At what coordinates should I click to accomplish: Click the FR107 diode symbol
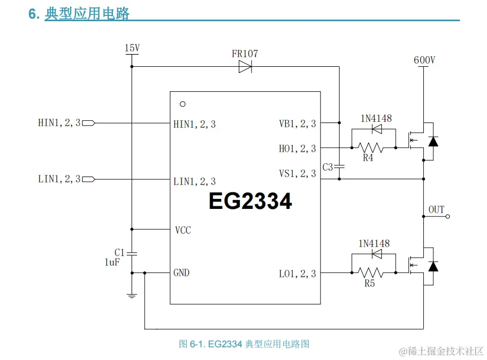click(x=245, y=67)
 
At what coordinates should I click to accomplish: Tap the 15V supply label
click(x=132, y=48)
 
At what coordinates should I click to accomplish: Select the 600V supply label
click(x=424, y=60)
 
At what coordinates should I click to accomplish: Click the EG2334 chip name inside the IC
click(x=250, y=201)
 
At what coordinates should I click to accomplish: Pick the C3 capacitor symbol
click(x=340, y=167)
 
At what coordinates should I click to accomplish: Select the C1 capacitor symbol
click(x=132, y=253)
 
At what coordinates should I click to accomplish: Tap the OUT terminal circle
click(x=448, y=216)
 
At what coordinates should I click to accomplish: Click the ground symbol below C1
click(x=132, y=295)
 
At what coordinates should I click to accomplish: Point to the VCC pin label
click(x=182, y=231)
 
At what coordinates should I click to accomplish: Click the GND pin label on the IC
click(x=181, y=273)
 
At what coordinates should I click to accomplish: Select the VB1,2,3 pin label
click(x=297, y=124)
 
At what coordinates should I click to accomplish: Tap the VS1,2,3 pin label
click(x=297, y=173)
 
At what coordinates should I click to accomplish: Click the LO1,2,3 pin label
click(x=297, y=274)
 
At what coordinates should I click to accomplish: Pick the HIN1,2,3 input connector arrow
click(x=89, y=123)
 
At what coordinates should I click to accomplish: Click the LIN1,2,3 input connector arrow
click(x=89, y=179)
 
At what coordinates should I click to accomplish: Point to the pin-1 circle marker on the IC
click(x=182, y=104)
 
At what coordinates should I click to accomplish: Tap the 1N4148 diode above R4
click(x=377, y=129)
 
